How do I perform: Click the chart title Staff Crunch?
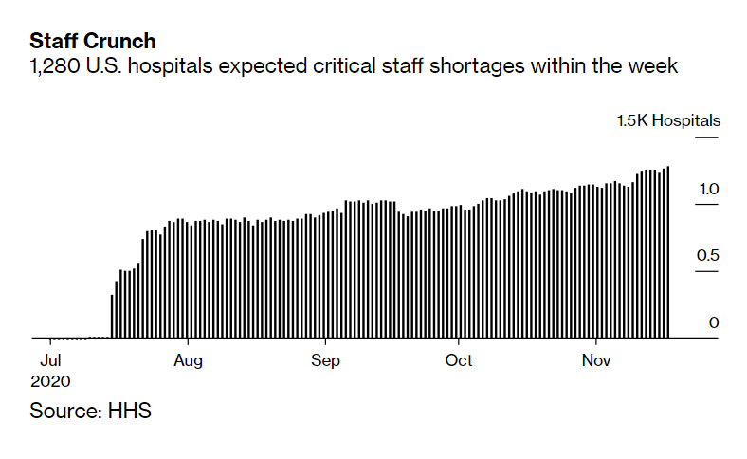pyautogui.click(x=93, y=42)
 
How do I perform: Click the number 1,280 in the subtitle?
pyautogui.click(x=54, y=66)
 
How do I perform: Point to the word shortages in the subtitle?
pyautogui.click(x=505, y=66)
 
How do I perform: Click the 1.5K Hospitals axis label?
pyautogui.click(x=668, y=120)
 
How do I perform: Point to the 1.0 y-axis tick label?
pyautogui.click(x=709, y=190)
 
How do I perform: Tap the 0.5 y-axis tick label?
pyautogui.click(x=709, y=256)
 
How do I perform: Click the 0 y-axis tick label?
pyautogui.click(x=714, y=323)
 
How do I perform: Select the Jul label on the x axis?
pyautogui.click(x=52, y=360)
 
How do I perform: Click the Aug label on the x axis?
pyautogui.click(x=189, y=360)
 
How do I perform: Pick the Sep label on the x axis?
pyautogui.click(x=325, y=360)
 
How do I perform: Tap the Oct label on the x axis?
pyautogui.click(x=460, y=360)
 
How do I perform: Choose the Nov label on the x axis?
pyautogui.click(x=596, y=360)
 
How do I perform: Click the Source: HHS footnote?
pyautogui.click(x=90, y=412)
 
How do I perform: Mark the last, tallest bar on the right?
pyautogui.click(x=668, y=252)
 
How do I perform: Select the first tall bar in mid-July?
pyautogui.click(x=112, y=316)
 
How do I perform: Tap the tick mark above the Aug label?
pyautogui.click(x=190, y=342)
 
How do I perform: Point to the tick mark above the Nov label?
pyautogui.click(x=596, y=342)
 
